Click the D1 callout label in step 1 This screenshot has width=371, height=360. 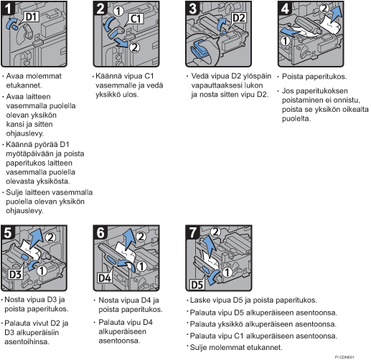tap(32, 17)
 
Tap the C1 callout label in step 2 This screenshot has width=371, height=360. tap(136, 19)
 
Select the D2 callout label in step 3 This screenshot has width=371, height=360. tap(239, 18)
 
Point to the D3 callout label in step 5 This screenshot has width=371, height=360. tap(16, 275)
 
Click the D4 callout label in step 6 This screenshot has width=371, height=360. tap(105, 278)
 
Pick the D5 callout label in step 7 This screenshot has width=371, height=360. tap(197, 285)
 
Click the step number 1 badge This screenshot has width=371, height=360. tap(8, 8)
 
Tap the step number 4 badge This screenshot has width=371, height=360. tap(285, 8)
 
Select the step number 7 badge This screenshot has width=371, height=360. tap(193, 232)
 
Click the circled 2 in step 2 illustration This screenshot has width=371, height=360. tap(134, 47)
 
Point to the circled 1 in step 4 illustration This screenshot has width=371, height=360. tap(285, 41)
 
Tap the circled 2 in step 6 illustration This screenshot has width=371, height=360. tap(141, 237)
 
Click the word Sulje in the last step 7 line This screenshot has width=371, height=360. tap(198, 347)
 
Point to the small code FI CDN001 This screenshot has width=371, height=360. tap(344, 357)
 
